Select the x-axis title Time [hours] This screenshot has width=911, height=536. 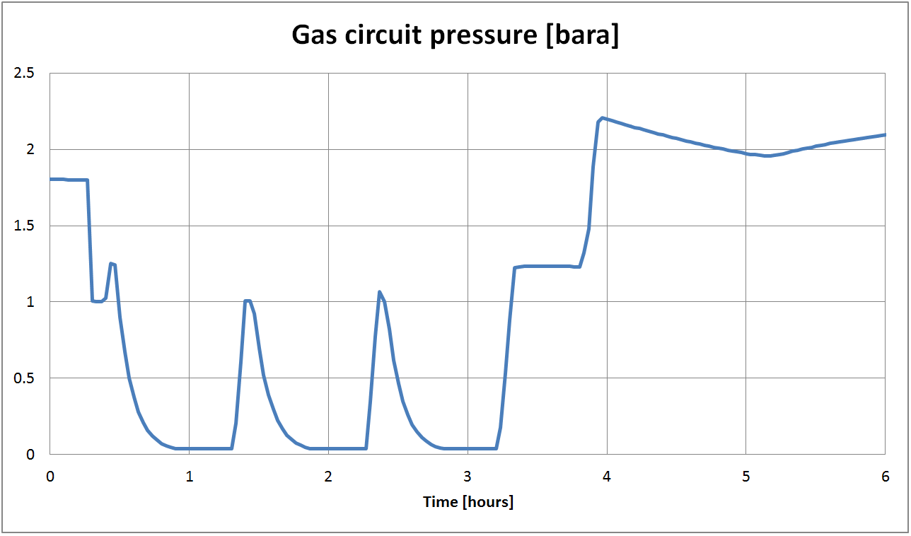[x=468, y=502]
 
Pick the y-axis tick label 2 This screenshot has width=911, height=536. [x=30, y=150]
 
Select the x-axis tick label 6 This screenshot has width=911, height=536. [x=885, y=476]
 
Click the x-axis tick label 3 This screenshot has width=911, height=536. [x=468, y=476]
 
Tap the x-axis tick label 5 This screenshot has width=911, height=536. [x=745, y=476]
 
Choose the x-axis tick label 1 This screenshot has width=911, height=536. [x=189, y=476]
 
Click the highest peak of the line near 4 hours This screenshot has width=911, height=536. [x=602, y=118]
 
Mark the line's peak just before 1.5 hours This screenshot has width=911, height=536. [x=247, y=301]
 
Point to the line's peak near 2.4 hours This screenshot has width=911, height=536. [x=380, y=291]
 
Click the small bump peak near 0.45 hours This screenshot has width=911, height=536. [x=111, y=263]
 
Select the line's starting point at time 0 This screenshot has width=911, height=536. [x=50, y=179]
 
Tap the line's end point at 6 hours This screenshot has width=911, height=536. [x=885, y=134]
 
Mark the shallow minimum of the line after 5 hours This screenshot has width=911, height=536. [x=767, y=156]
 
